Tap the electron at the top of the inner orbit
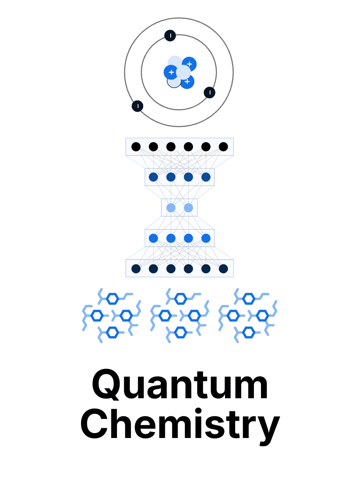pos(170,36)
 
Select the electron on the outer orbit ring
pos(138,106)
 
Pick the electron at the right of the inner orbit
pos(210,92)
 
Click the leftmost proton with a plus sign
pos(171,72)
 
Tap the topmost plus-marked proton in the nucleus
pos(189,64)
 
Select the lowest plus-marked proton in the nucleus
pos(187,82)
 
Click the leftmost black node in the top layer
pos(136,147)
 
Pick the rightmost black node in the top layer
pos(223,147)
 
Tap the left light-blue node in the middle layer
pos(171,208)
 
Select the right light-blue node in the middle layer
pos(189,208)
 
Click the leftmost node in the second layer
pos(153,177)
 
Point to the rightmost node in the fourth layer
pos(206,238)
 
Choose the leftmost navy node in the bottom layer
pos(136,268)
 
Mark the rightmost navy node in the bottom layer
pos(223,268)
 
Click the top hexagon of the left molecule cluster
pos(112,298)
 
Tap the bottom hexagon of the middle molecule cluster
pos(180,332)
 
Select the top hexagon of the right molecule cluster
pos(249,298)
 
